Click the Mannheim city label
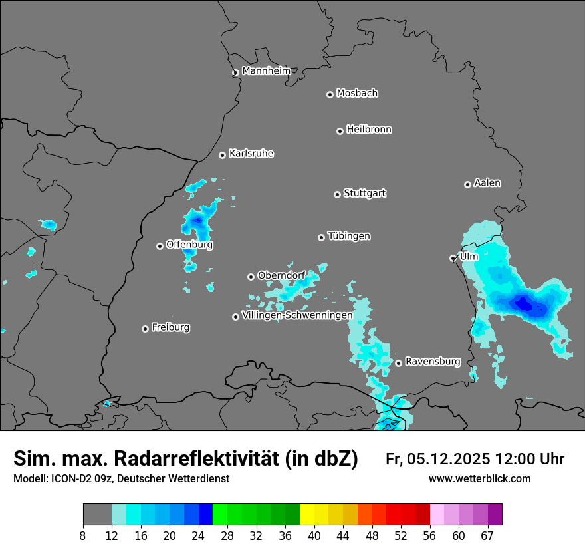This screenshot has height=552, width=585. (266, 70)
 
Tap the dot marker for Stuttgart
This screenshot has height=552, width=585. (338, 194)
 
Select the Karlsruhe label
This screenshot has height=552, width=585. (251, 154)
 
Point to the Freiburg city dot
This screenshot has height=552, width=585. (145, 329)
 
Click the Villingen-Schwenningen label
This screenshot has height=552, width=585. (297, 315)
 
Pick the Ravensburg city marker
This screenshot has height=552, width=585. (398, 363)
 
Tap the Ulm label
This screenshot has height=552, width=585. (469, 257)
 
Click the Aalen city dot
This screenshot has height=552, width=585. (467, 184)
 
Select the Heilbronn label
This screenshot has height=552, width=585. (369, 130)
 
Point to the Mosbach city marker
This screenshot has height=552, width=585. (330, 94)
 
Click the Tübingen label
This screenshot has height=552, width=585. (349, 236)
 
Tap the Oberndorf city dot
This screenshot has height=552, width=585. (251, 277)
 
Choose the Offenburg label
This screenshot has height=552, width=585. (189, 245)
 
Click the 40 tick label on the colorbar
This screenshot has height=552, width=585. (314, 535)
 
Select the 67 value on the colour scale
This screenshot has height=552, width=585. (487, 535)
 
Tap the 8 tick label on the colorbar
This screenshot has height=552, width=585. (83, 535)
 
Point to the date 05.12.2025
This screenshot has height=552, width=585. (449, 459)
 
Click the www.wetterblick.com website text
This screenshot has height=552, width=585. (479, 479)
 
